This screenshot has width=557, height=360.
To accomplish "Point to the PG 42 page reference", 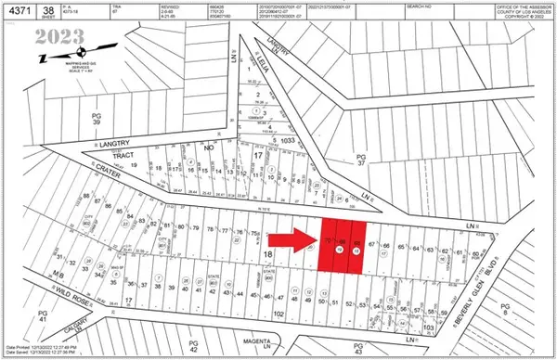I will coord(192,345).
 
